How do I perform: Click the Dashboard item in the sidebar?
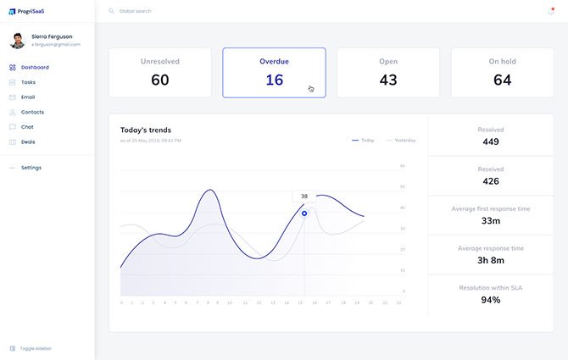34,67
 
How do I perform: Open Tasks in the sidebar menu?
28,82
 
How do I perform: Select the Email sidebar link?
28,97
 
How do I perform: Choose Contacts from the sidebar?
32,112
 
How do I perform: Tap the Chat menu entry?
27,127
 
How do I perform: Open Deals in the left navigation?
28,141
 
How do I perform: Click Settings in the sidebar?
31,168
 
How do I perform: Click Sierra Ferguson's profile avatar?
17,41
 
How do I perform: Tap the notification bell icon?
552,12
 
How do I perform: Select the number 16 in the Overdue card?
274,80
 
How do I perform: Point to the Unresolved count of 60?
159,80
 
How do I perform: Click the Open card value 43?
388,80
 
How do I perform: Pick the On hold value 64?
502,80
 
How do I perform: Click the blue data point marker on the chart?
304,213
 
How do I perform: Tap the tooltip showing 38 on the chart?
304,196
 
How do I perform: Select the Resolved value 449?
490,141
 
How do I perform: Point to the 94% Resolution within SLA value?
490,300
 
